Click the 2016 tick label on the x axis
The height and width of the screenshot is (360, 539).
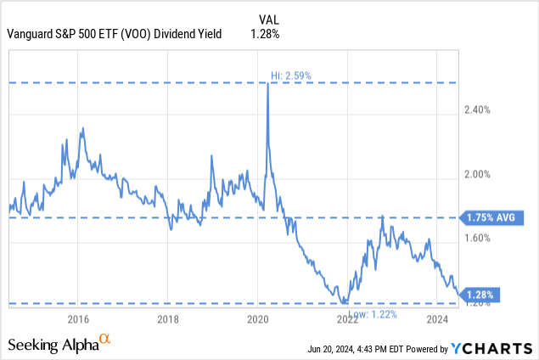[78, 319]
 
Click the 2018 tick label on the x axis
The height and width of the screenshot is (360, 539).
[168, 319]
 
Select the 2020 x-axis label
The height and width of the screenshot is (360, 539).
[258, 319]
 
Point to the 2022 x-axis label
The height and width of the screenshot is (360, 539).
[347, 319]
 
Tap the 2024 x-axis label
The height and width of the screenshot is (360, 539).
[437, 319]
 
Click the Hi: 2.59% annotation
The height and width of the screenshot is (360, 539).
[291, 76]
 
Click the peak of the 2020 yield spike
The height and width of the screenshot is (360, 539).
[268, 82]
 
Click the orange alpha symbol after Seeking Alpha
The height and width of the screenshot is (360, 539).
[105, 339]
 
